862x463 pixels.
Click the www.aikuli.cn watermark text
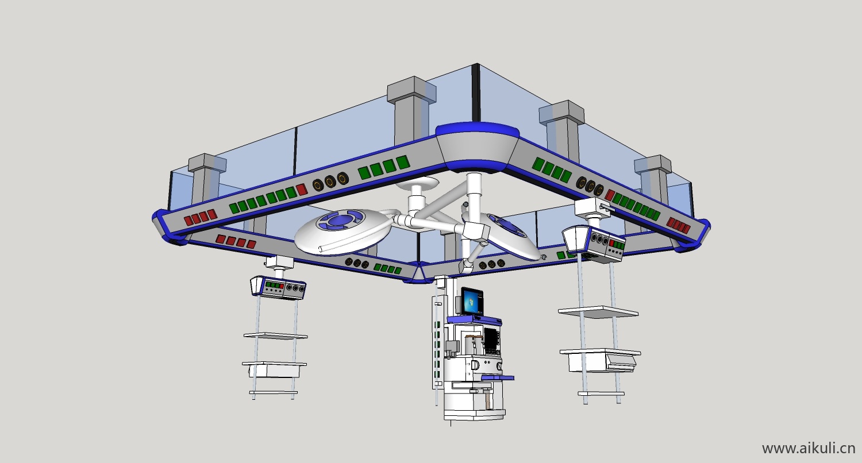pyautogui.click(x=808, y=448)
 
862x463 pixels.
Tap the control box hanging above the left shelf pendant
pyautogui.click(x=278, y=287)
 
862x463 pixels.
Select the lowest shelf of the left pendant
pyautogui.click(x=274, y=392)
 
